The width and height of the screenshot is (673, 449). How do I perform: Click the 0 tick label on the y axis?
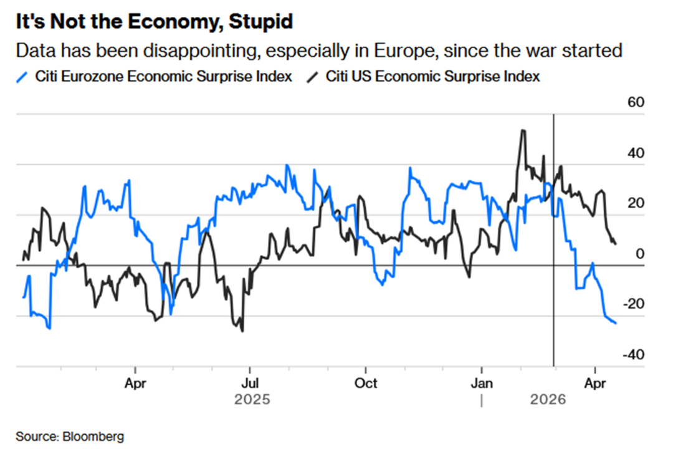coord(639,254)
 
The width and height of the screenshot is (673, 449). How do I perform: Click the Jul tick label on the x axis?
coord(250,383)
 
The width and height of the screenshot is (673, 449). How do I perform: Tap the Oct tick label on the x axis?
coord(366,383)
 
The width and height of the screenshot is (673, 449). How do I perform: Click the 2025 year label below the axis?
coord(252,400)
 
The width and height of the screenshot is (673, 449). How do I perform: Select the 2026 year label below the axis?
coord(548,400)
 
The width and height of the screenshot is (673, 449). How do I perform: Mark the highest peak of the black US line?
coord(523,130)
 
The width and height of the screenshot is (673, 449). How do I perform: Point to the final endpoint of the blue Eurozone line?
coord(616,323)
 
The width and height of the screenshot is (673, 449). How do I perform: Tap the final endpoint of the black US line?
coord(616,244)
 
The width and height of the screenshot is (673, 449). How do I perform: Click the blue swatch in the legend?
coord(23,77)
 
